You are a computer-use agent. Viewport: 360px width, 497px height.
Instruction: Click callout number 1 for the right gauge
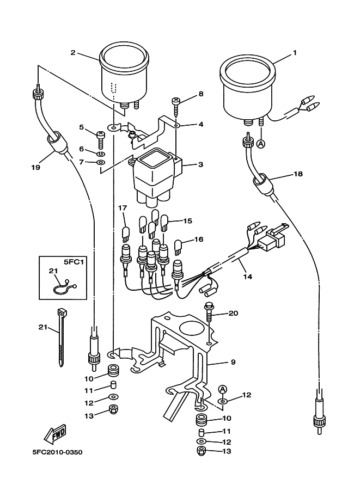pyautogui.click(x=295, y=53)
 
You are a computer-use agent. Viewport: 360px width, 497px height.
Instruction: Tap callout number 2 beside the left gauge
pyautogui.click(x=72, y=53)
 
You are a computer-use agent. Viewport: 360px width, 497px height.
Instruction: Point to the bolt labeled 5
pyautogui.click(x=100, y=136)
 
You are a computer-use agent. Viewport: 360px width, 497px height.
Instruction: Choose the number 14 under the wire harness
pyautogui.click(x=247, y=277)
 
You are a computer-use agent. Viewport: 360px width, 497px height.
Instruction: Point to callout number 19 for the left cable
pyautogui.click(x=35, y=168)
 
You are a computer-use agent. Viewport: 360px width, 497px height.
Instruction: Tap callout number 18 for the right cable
pyautogui.click(x=298, y=174)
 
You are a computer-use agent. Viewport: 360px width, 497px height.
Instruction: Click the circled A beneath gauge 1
pyautogui.click(x=260, y=144)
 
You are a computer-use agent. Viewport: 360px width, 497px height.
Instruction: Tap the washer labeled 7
pyautogui.click(x=101, y=162)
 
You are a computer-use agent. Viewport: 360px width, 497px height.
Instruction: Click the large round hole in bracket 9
pyautogui.click(x=190, y=329)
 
